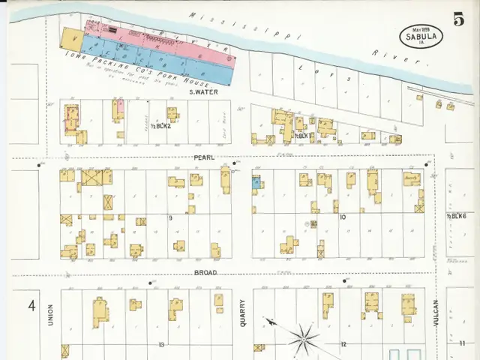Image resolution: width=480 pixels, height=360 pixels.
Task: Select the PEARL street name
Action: coord(204,157)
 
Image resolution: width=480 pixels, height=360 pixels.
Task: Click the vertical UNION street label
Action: coord(51,316)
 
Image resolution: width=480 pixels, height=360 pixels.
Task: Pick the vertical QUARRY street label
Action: coord(242,313)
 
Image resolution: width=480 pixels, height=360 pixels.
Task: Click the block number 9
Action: coord(170,217)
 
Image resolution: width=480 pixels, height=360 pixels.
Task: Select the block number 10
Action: coord(342,217)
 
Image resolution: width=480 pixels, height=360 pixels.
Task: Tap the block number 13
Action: coord(160,344)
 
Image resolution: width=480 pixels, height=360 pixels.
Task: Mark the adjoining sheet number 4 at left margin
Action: coord(31,305)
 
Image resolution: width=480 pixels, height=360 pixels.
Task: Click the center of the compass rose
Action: coord(303,336)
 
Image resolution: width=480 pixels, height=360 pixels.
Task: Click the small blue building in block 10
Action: coord(256,182)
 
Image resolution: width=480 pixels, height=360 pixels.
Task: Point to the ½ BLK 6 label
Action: coord(457,216)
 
